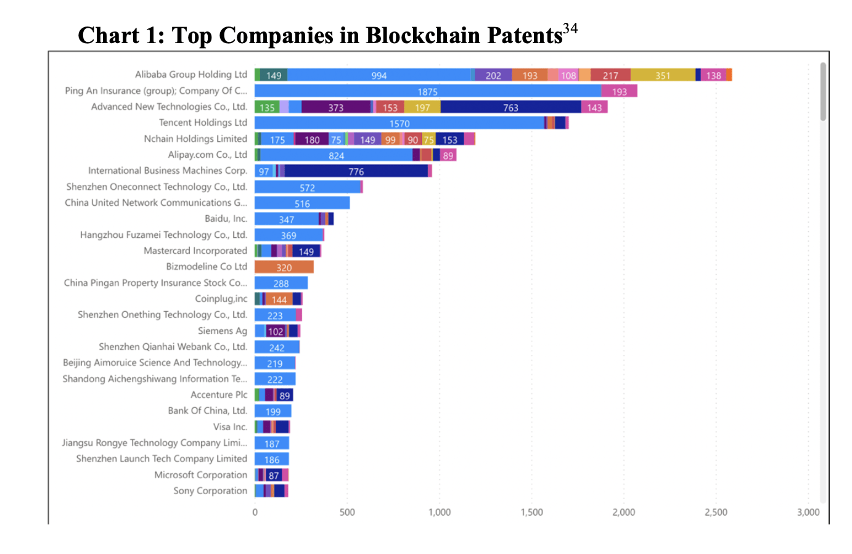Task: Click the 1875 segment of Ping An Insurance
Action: (x=428, y=91)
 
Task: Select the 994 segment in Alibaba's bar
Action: (x=379, y=75)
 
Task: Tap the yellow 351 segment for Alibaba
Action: (x=663, y=75)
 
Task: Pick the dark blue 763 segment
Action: (x=510, y=107)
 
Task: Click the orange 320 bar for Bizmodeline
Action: (x=284, y=267)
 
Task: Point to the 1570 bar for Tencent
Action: (x=399, y=123)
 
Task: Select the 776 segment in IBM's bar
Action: (x=356, y=171)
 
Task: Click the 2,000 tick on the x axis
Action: (x=623, y=512)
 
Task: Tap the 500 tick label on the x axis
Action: (x=347, y=512)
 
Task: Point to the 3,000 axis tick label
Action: (x=808, y=512)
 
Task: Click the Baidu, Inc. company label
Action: (x=226, y=219)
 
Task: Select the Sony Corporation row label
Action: (x=210, y=491)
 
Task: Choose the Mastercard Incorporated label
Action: (x=195, y=251)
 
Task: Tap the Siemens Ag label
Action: (x=222, y=331)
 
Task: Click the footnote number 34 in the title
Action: (x=570, y=28)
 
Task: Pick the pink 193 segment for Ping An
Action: (x=619, y=91)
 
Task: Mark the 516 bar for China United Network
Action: (x=302, y=203)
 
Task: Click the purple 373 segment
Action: (x=335, y=107)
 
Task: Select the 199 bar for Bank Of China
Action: (x=272, y=412)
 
